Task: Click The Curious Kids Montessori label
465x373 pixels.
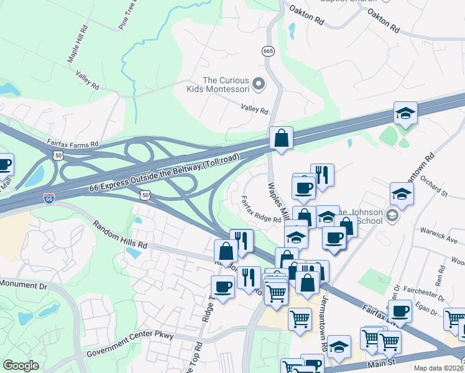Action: tap(226, 85)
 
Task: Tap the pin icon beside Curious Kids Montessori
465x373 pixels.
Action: tap(260, 83)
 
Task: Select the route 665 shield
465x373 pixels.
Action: tap(268, 51)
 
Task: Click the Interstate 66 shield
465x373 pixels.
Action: tap(48, 198)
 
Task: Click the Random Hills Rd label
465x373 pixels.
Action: tap(120, 234)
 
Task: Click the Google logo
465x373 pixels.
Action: tap(21, 366)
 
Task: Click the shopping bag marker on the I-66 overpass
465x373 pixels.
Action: tap(281, 138)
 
